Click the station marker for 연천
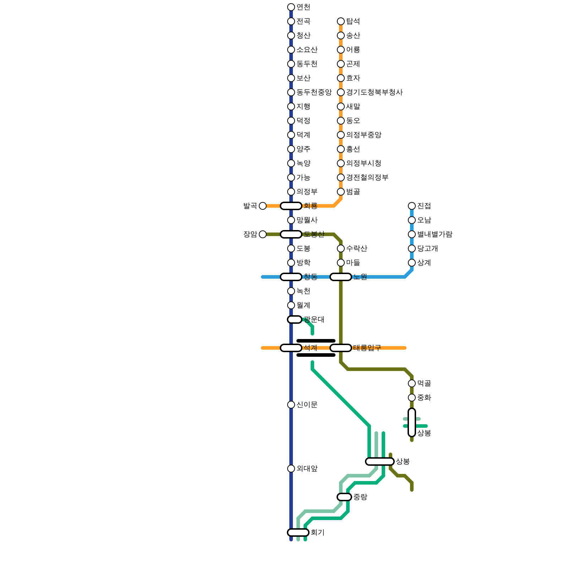291,7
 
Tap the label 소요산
307,50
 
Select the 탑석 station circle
341,21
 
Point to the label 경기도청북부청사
374,92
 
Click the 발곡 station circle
263,206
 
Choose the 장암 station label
250,234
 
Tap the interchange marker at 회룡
291,206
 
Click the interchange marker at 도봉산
291,234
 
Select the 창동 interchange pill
291,277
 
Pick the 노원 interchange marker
341,277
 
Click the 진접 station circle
412,206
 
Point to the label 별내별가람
435,234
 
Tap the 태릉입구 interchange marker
341,348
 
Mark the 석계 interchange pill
291,348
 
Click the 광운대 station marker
295,319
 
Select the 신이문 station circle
291,405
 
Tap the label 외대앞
307,469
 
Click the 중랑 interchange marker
344,497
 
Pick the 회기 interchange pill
298,532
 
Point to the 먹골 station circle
412,383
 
